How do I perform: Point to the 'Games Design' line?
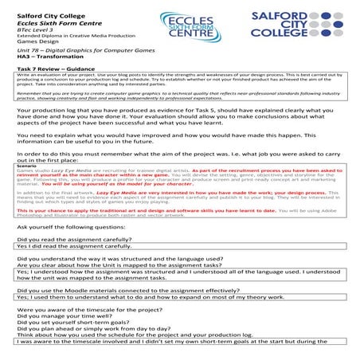pyautogui.click(x=37, y=40)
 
